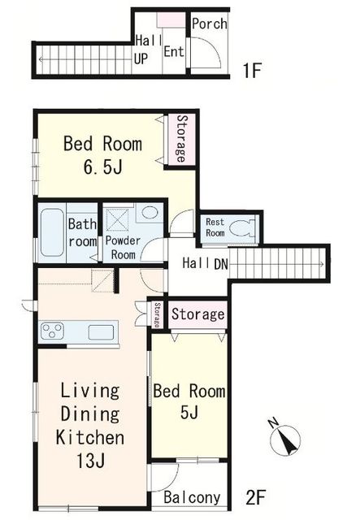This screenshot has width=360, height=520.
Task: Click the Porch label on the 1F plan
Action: click(x=210, y=24)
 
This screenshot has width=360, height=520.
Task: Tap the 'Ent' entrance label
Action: click(x=174, y=51)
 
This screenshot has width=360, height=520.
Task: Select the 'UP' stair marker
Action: click(x=141, y=59)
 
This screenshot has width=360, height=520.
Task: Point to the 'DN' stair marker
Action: click(x=221, y=264)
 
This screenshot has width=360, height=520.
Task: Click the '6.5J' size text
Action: click(x=103, y=167)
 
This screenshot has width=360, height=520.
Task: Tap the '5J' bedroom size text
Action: click(x=189, y=412)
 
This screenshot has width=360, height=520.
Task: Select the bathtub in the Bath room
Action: click(x=52, y=232)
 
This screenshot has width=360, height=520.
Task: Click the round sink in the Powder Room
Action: click(x=150, y=212)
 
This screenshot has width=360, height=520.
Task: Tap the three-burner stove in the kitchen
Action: click(x=52, y=331)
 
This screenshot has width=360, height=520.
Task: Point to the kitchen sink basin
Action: click(x=102, y=332)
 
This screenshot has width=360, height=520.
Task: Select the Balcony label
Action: click(x=192, y=497)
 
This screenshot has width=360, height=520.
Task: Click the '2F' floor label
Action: click(x=255, y=497)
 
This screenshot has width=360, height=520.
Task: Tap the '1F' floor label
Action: click(x=253, y=71)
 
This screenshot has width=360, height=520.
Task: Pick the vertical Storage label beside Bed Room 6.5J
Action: click(x=181, y=138)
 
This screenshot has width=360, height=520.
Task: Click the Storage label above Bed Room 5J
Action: click(x=197, y=314)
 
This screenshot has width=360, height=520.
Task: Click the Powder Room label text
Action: click(x=123, y=247)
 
